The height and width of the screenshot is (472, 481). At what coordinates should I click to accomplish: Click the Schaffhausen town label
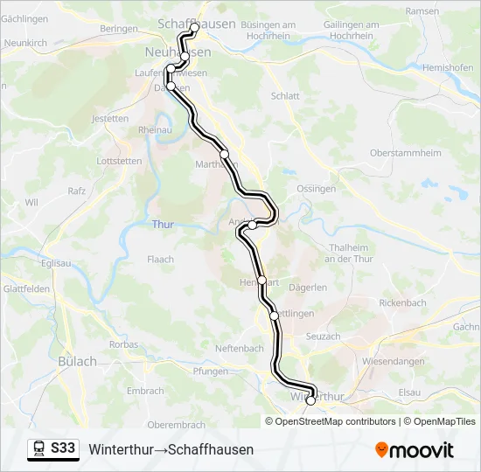point(197,24)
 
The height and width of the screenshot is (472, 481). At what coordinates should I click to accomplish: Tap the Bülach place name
point(78,361)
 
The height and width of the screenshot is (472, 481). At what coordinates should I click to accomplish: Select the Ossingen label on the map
point(317,189)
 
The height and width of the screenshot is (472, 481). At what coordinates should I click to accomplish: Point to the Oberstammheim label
point(406,152)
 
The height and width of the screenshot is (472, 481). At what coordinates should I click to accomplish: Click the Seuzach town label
point(323,337)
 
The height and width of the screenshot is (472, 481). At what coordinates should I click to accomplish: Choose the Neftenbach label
point(240,348)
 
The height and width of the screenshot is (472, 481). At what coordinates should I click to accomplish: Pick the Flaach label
point(160,260)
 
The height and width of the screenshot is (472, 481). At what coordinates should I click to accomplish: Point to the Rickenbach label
point(403,302)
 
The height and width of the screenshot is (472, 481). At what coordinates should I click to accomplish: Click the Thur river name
point(163,225)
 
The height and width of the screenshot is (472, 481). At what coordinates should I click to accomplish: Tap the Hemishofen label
point(446,67)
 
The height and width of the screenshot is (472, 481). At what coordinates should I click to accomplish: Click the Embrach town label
point(145,391)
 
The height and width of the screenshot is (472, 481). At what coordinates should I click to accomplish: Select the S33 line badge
point(63,448)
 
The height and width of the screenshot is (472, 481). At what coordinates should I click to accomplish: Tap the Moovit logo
point(415,450)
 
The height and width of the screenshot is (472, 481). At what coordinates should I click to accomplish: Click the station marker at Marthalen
point(225,154)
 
